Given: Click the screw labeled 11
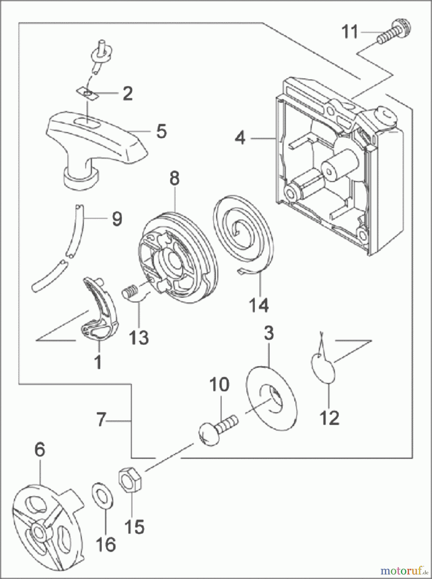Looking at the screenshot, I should (x=395, y=33).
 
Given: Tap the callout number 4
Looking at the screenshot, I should (x=240, y=138).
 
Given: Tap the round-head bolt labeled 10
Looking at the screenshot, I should (x=216, y=428).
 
